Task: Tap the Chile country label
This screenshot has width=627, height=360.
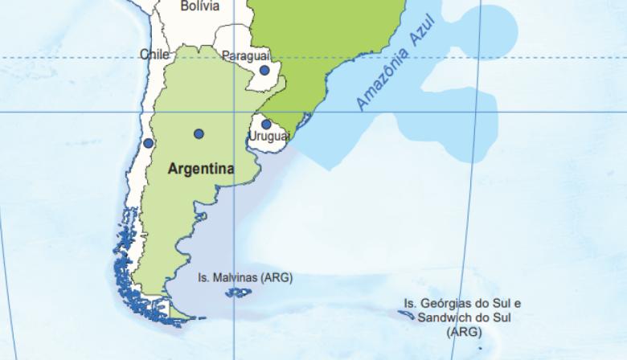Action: (154, 55)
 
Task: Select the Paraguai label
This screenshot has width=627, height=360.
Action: (245, 55)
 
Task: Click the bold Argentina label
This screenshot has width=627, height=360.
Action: (201, 170)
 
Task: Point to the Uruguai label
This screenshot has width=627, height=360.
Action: (268, 137)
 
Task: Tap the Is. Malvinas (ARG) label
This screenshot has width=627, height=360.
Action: (245, 277)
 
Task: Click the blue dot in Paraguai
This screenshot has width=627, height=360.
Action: (264, 71)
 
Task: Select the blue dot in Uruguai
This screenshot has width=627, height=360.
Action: (266, 124)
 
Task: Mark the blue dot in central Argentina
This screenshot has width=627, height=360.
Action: (199, 133)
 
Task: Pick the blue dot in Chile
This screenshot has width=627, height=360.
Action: (148, 143)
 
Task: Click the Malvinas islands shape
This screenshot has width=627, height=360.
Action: (238, 293)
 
